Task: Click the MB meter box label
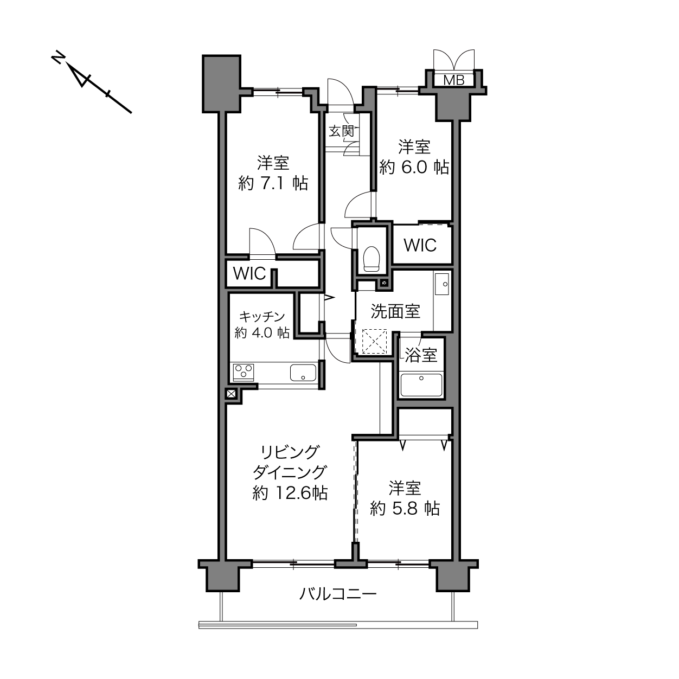coord(454,80)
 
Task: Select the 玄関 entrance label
coord(342,131)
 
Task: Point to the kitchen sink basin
coord(303,373)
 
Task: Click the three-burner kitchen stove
coord(244,373)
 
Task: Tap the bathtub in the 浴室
coord(421,385)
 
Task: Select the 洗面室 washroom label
coord(395,311)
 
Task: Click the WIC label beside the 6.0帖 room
coord(420,245)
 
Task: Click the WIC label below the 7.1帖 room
coord(249,273)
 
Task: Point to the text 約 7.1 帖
coord(273,183)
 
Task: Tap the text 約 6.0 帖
coord(414,167)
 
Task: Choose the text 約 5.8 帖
coord(405,509)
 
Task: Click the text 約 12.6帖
coord(290,493)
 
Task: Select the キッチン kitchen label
coord(262,316)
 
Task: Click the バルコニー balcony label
coord(338,594)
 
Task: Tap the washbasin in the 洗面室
coord(442,284)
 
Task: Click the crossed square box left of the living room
coord(232,394)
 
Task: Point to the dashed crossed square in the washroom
coord(374,341)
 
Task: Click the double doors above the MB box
coord(454,59)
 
